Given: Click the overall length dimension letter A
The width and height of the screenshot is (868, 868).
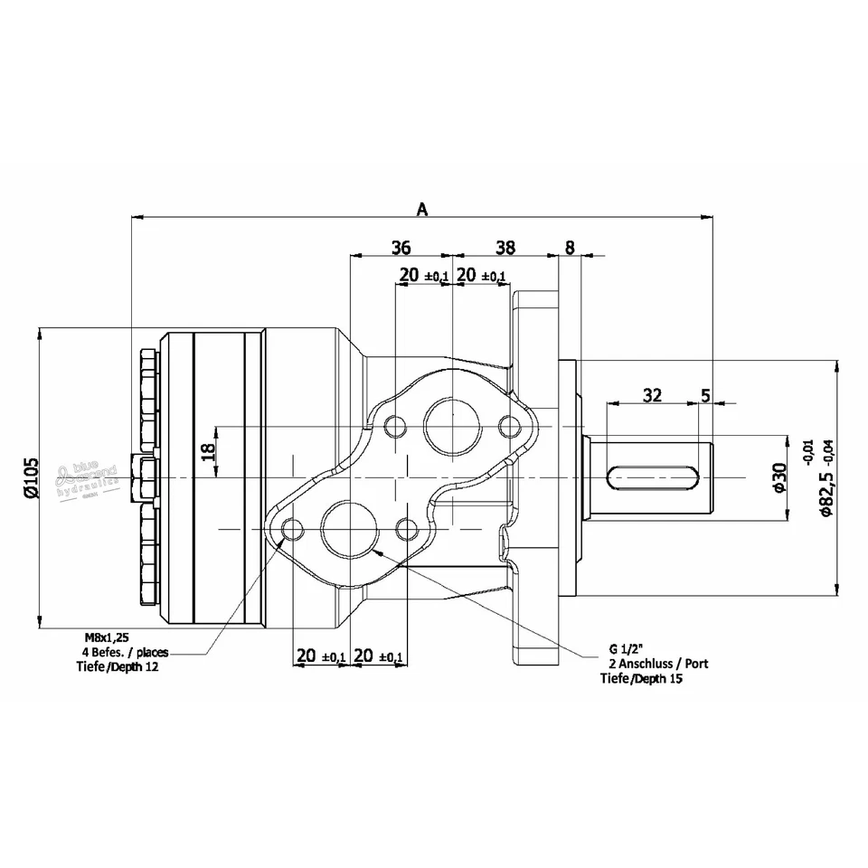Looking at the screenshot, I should coord(421,209).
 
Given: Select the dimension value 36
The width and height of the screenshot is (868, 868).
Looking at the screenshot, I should coord(401,247).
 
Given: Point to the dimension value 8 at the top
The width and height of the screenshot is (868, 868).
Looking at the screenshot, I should coord(569,247).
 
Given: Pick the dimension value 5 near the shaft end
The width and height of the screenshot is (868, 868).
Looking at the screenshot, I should coord(705,394).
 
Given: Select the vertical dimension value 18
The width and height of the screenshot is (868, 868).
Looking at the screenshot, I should coord(208,451).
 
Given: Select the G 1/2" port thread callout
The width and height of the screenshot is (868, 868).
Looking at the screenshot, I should coord(625,649).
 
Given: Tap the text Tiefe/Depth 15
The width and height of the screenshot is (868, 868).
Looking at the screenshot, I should coord(642,678).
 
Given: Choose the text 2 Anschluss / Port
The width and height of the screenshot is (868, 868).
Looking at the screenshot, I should coord(657,664).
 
